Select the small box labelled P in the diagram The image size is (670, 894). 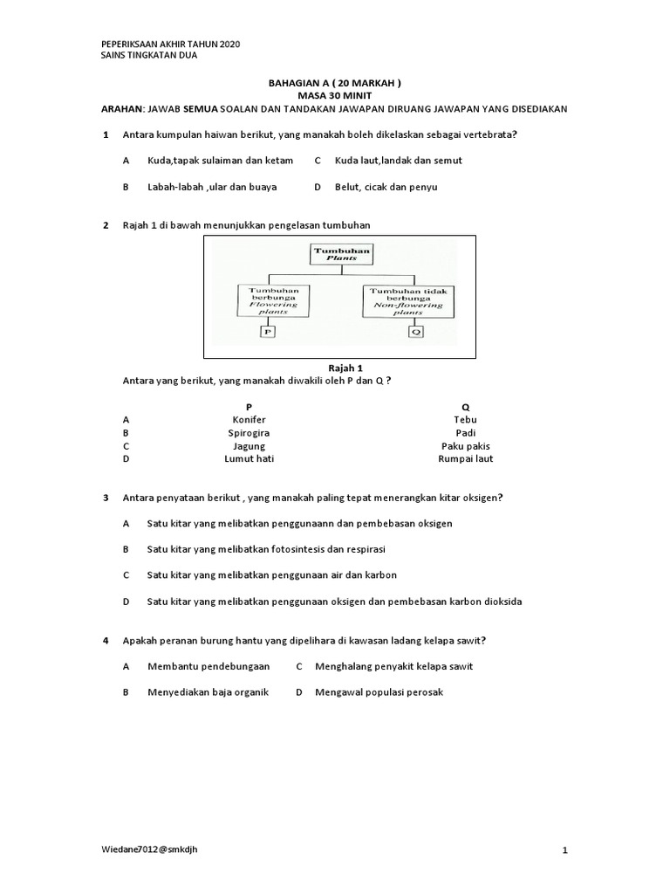(269, 332)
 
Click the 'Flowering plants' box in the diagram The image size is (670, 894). (273, 300)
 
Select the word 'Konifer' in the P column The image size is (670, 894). (249, 420)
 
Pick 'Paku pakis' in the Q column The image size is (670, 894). (466, 446)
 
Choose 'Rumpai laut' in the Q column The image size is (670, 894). (466, 459)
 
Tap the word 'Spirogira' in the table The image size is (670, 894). (249, 433)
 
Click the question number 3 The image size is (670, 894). (106, 498)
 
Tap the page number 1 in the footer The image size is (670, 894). (565, 850)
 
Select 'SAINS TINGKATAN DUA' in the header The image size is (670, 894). (149, 55)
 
